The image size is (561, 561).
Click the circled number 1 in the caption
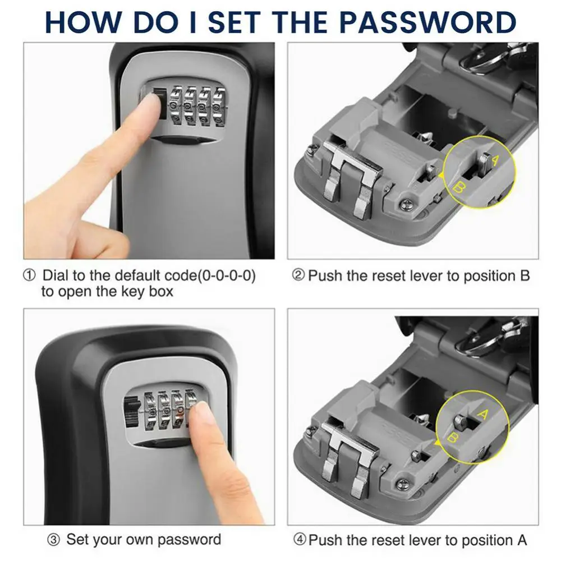(x=29, y=276)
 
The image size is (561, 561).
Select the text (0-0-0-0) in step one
(x=219, y=276)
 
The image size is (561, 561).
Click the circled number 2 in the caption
(x=299, y=276)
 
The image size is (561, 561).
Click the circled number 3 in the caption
(x=53, y=540)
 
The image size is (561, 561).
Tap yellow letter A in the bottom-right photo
(x=481, y=415)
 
